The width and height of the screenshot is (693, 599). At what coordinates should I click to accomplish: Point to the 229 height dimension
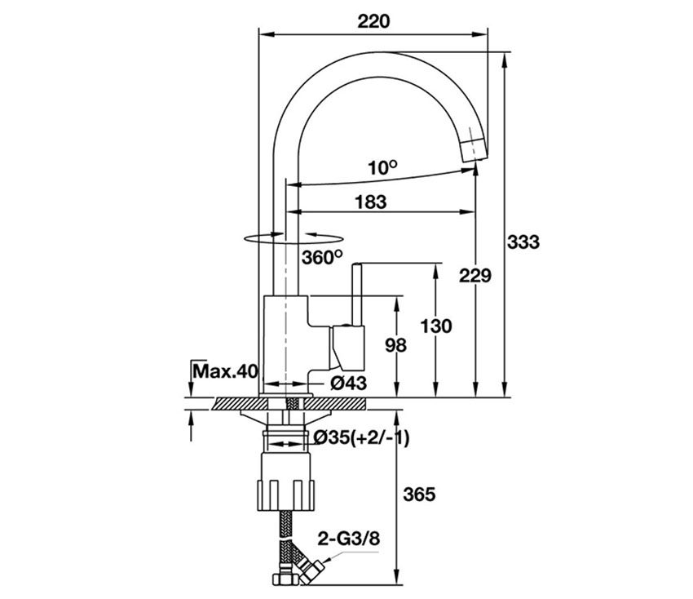point(475,276)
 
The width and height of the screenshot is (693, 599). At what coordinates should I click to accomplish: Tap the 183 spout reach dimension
point(370,202)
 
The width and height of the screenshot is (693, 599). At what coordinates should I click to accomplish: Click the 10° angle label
point(381,168)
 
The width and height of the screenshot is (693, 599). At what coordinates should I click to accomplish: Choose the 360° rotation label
point(321,257)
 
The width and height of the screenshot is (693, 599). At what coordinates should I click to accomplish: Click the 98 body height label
point(395,345)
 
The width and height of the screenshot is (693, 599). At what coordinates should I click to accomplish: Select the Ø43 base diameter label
point(348,383)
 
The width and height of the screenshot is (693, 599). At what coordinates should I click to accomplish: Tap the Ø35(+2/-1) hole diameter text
point(362,439)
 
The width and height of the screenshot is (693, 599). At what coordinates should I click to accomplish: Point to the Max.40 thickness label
point(225,372)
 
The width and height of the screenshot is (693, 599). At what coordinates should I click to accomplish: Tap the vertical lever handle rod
point(357,294)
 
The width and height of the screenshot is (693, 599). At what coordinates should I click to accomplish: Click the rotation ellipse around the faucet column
point(289,237)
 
